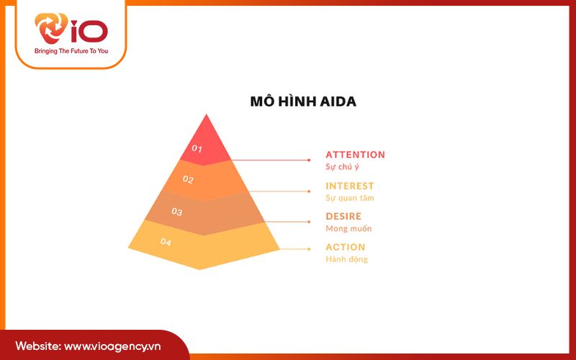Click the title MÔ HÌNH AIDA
(x=303, y=102)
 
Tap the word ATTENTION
(x=355, y=155)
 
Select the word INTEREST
(x=350, y=186)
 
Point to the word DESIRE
(x=343, y=216)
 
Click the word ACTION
(x=346, y=247)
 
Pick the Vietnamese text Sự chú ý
(x=342, y=167)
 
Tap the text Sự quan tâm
(x=350, y=198)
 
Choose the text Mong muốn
(x=348, y=228)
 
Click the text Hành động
(x=346, y=259)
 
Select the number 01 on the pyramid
(x=197, y=149)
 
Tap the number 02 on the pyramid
(x=187, y=180)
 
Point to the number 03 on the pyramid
(x=176, y=212)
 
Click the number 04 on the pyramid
(x=166, y=243)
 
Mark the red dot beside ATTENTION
(x=309, y=160)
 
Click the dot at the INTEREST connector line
(x=309, y=191)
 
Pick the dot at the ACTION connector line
(x=309, y=250)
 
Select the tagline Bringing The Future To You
(x=71, y=52)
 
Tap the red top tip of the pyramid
(x=207, y=126)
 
